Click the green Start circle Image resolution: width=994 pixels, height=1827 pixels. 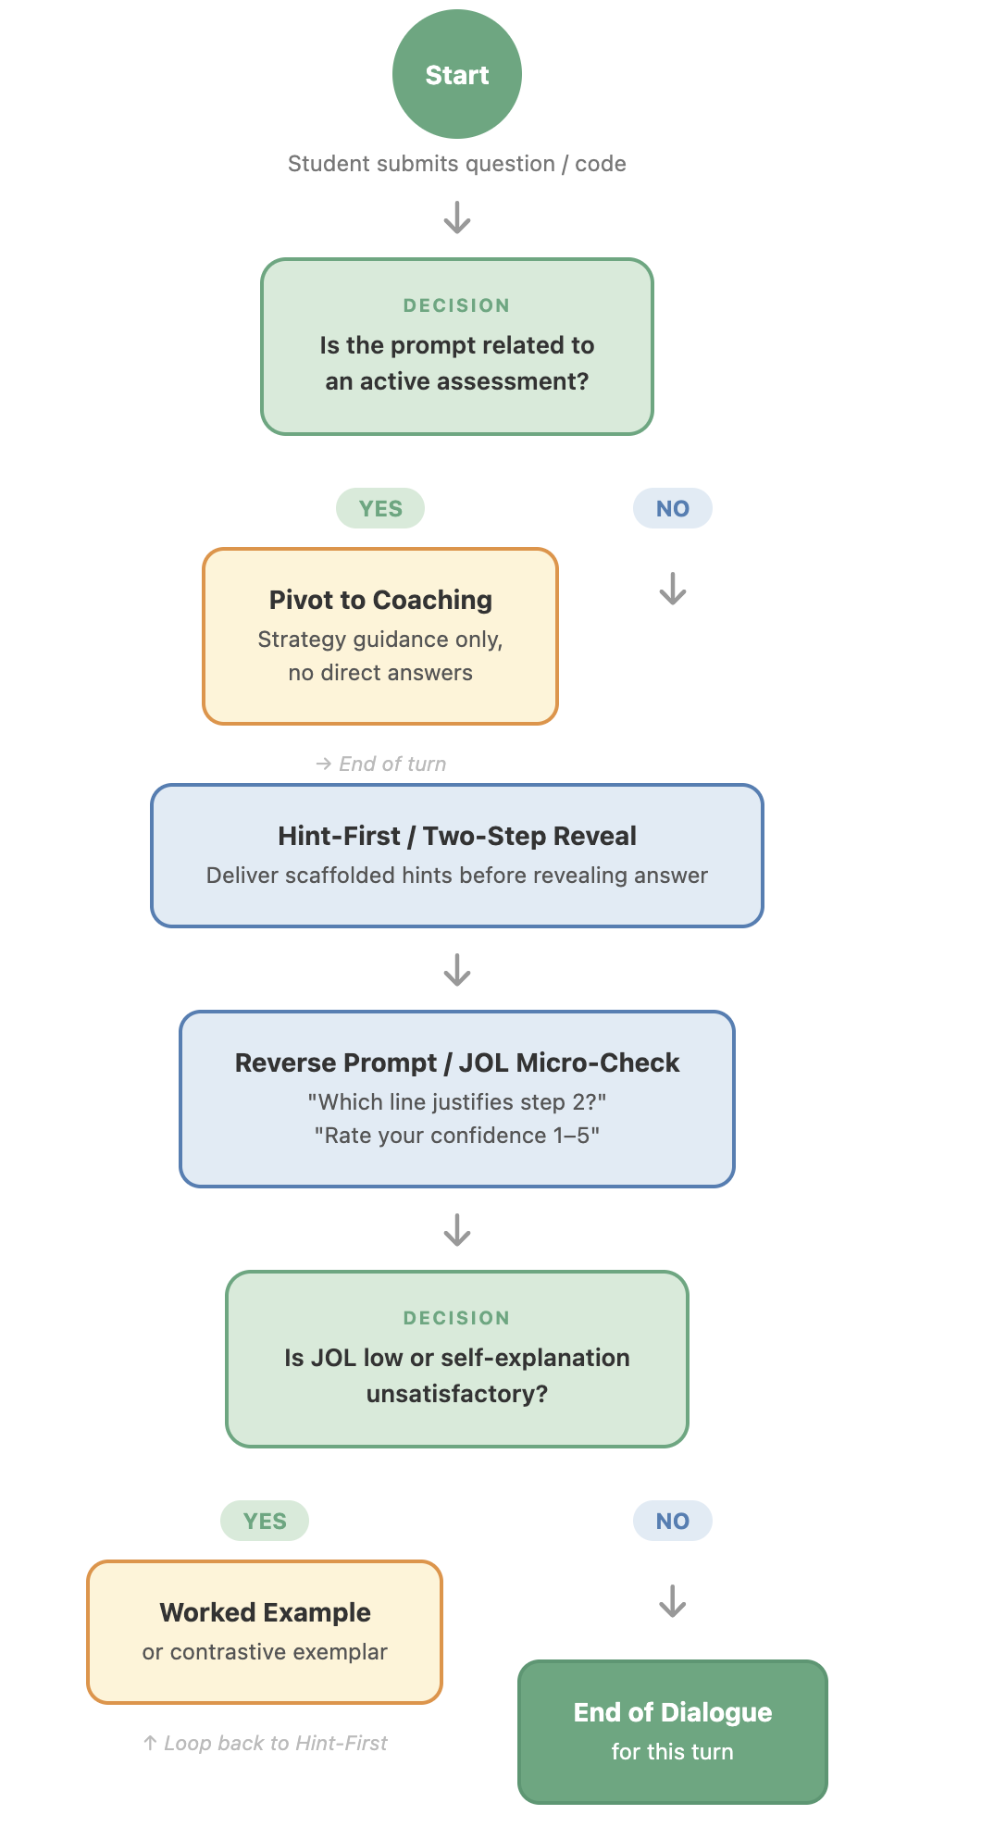pos(456,74)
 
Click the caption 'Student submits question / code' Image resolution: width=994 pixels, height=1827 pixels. pos(456,164)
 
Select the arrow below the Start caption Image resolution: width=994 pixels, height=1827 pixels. pos(456,218)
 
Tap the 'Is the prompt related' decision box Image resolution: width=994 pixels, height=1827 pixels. pos(456,346)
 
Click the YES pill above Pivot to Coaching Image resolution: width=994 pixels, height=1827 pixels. pos(379,508)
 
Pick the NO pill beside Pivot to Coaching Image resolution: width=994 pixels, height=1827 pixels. pos(672,508)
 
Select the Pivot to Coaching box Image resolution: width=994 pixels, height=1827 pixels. pos(379,636)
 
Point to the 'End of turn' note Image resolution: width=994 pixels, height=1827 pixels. pos(381,764)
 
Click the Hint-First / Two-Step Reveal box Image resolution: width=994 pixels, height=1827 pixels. pos(456,855)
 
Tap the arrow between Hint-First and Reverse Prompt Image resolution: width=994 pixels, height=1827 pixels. pos(456,970)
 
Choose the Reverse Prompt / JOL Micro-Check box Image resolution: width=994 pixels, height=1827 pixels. pos(456,1099)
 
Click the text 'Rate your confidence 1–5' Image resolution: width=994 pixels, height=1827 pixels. pos(456,1136)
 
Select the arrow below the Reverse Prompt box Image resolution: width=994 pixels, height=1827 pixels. pos(456,1230)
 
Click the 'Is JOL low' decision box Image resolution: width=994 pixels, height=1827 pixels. pos(456,1358)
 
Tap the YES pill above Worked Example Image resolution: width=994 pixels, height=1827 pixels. pos(264,1521)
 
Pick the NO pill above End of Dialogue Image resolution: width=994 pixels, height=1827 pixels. pos(672,1521)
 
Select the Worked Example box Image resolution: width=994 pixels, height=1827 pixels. pos(264,1632)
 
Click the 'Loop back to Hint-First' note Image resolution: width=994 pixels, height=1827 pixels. pos(266,1743)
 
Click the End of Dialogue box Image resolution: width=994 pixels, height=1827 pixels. pos(672,1731)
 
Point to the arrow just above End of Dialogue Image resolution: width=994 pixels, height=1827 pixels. pos(672,1601)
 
